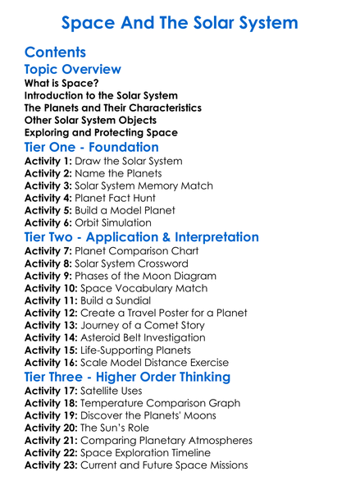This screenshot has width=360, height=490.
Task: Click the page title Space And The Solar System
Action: (180, 22)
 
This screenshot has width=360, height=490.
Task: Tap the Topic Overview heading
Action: (72, 70)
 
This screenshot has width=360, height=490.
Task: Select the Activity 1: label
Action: (49, 161)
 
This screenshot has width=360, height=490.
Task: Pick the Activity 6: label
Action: (49, 222)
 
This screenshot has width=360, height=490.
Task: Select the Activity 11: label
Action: (52, 300)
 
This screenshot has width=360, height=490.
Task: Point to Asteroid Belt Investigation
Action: (150, 337)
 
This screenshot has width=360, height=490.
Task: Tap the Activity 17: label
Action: (52, 391)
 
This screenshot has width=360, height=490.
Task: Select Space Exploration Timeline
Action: (157, 453)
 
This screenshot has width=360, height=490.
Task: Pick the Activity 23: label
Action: (52, 465)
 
